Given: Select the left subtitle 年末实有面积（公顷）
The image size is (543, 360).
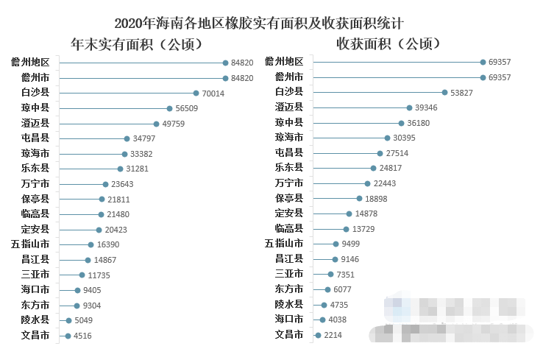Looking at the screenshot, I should [x=136, y=44].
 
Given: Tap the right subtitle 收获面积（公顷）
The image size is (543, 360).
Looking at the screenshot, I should [x=388, y=43].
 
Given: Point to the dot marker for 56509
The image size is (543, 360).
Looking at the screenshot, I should [x=170, y=108].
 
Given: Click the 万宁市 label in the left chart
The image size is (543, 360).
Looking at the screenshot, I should [x=35, y=184].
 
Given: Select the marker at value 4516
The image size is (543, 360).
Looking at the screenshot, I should [x=67, y=336].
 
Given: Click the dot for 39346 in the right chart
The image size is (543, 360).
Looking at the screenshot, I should [x=409, y=107].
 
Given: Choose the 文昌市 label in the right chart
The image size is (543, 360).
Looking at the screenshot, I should [x=288, y=335].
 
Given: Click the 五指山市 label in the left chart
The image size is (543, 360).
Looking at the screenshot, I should [x=30, y=244].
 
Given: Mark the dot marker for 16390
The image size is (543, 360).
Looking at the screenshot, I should [x=90, y=244].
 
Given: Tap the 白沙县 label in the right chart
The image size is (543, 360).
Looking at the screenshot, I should [x=288, y=92].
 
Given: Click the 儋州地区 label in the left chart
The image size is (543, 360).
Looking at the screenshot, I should [x=30, y=63].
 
